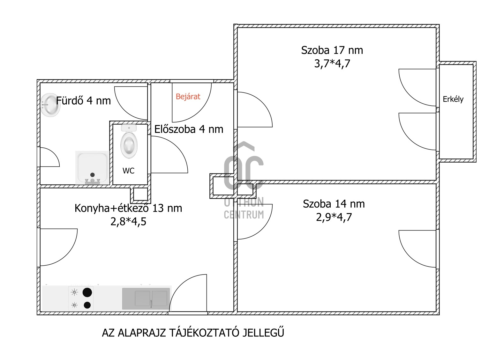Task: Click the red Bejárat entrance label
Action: (x=188, y=97)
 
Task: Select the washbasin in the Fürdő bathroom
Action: (x=50, y=105)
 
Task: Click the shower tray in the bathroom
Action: (x=93, y=168)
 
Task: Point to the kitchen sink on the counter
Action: (x=146, y=299)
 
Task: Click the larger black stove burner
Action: (x=87, y=292)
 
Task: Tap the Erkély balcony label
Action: (x=453, y=99)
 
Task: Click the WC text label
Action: (x=129, y=171)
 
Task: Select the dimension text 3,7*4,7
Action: (x=332, y=63)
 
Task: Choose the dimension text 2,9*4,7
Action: (x=334, y=217)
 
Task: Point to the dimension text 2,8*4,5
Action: (x=128, y=222)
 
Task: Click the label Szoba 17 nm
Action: (x=332, y=50)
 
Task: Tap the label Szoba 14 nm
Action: (x=334, y=204)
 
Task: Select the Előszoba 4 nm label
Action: (x=189, y=129)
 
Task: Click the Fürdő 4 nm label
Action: (x=83, y=100)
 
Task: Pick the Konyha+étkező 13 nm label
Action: (x=128, y=208)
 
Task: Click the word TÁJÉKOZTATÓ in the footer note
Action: (x=204, y=333)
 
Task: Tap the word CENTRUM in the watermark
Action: (x=244, y=215)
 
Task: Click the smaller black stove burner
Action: (x=87, y=305)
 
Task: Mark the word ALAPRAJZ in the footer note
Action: (x=142, y=333)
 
